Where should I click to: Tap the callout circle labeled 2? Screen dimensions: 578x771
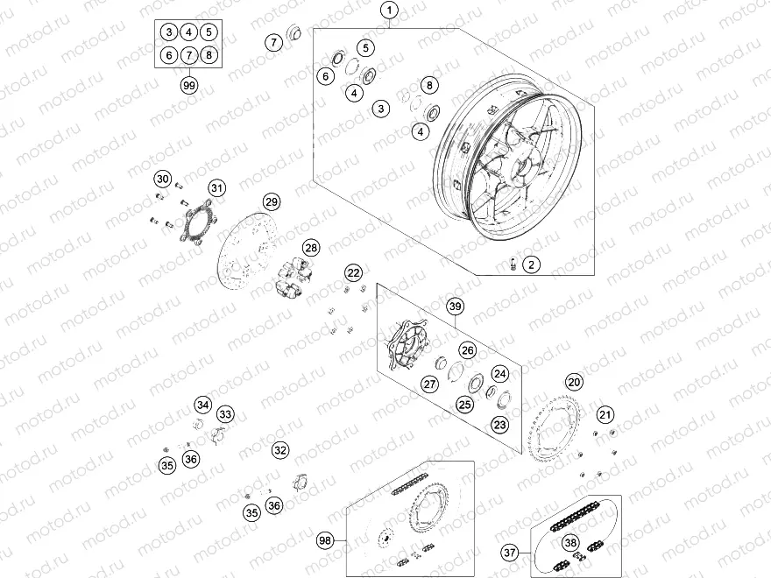pos(530,264)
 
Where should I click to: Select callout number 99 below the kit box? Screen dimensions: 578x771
pos(188,85)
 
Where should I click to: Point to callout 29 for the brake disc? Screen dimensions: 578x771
pos(272,202)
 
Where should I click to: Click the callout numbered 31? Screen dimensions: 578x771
pos(216,187)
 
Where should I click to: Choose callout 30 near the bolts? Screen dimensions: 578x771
pos(162,179)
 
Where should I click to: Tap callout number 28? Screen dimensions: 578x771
pos(311,249)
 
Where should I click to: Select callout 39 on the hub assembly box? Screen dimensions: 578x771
pos(454,307)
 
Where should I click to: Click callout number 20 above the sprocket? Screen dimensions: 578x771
pos(574,382)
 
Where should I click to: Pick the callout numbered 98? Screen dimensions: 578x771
pos(326,541)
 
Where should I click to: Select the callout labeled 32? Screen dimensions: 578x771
pos(279,450)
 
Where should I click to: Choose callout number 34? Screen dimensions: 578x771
pos(203,405)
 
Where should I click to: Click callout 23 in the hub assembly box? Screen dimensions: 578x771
pos(499,425)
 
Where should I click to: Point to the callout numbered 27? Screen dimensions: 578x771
pos(429,384)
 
